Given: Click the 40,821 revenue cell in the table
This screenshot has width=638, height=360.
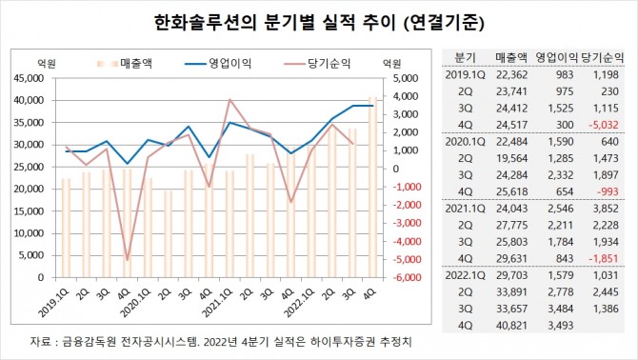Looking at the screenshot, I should pos(510,329).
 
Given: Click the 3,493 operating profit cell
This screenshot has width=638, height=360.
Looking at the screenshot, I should pos(561,329).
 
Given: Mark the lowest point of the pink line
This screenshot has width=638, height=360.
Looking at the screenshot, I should pos(127,259).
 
